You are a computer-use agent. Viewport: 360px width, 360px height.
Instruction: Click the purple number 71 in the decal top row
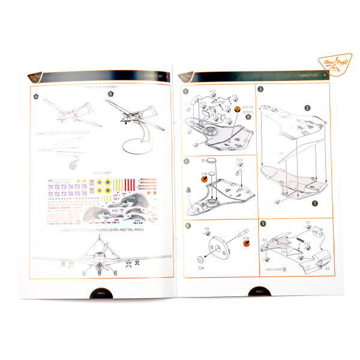50,187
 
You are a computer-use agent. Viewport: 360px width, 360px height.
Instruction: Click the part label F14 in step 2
239,160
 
